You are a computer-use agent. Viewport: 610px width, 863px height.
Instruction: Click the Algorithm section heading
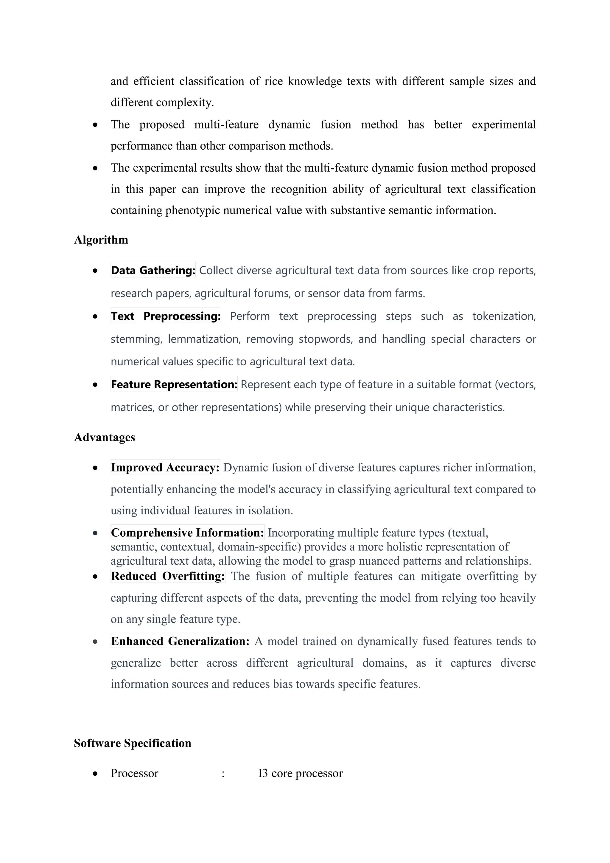tap(101, 240)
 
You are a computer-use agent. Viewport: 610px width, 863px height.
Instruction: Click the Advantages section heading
tap(105, 437)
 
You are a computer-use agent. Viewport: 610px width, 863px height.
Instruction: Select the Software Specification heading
tap(132, 743)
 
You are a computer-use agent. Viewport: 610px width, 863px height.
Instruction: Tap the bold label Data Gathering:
tap(153, 270)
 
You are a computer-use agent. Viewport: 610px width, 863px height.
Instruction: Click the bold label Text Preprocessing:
tap(166, 316)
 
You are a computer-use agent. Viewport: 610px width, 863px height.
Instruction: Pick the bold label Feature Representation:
tap(174, 384)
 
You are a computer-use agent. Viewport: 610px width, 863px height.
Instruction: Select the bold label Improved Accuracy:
tap(165, 467)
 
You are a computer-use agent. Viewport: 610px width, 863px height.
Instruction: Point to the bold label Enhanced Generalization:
tap(180, 641)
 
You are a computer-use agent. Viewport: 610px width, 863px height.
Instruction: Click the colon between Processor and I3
tap(223, 774)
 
